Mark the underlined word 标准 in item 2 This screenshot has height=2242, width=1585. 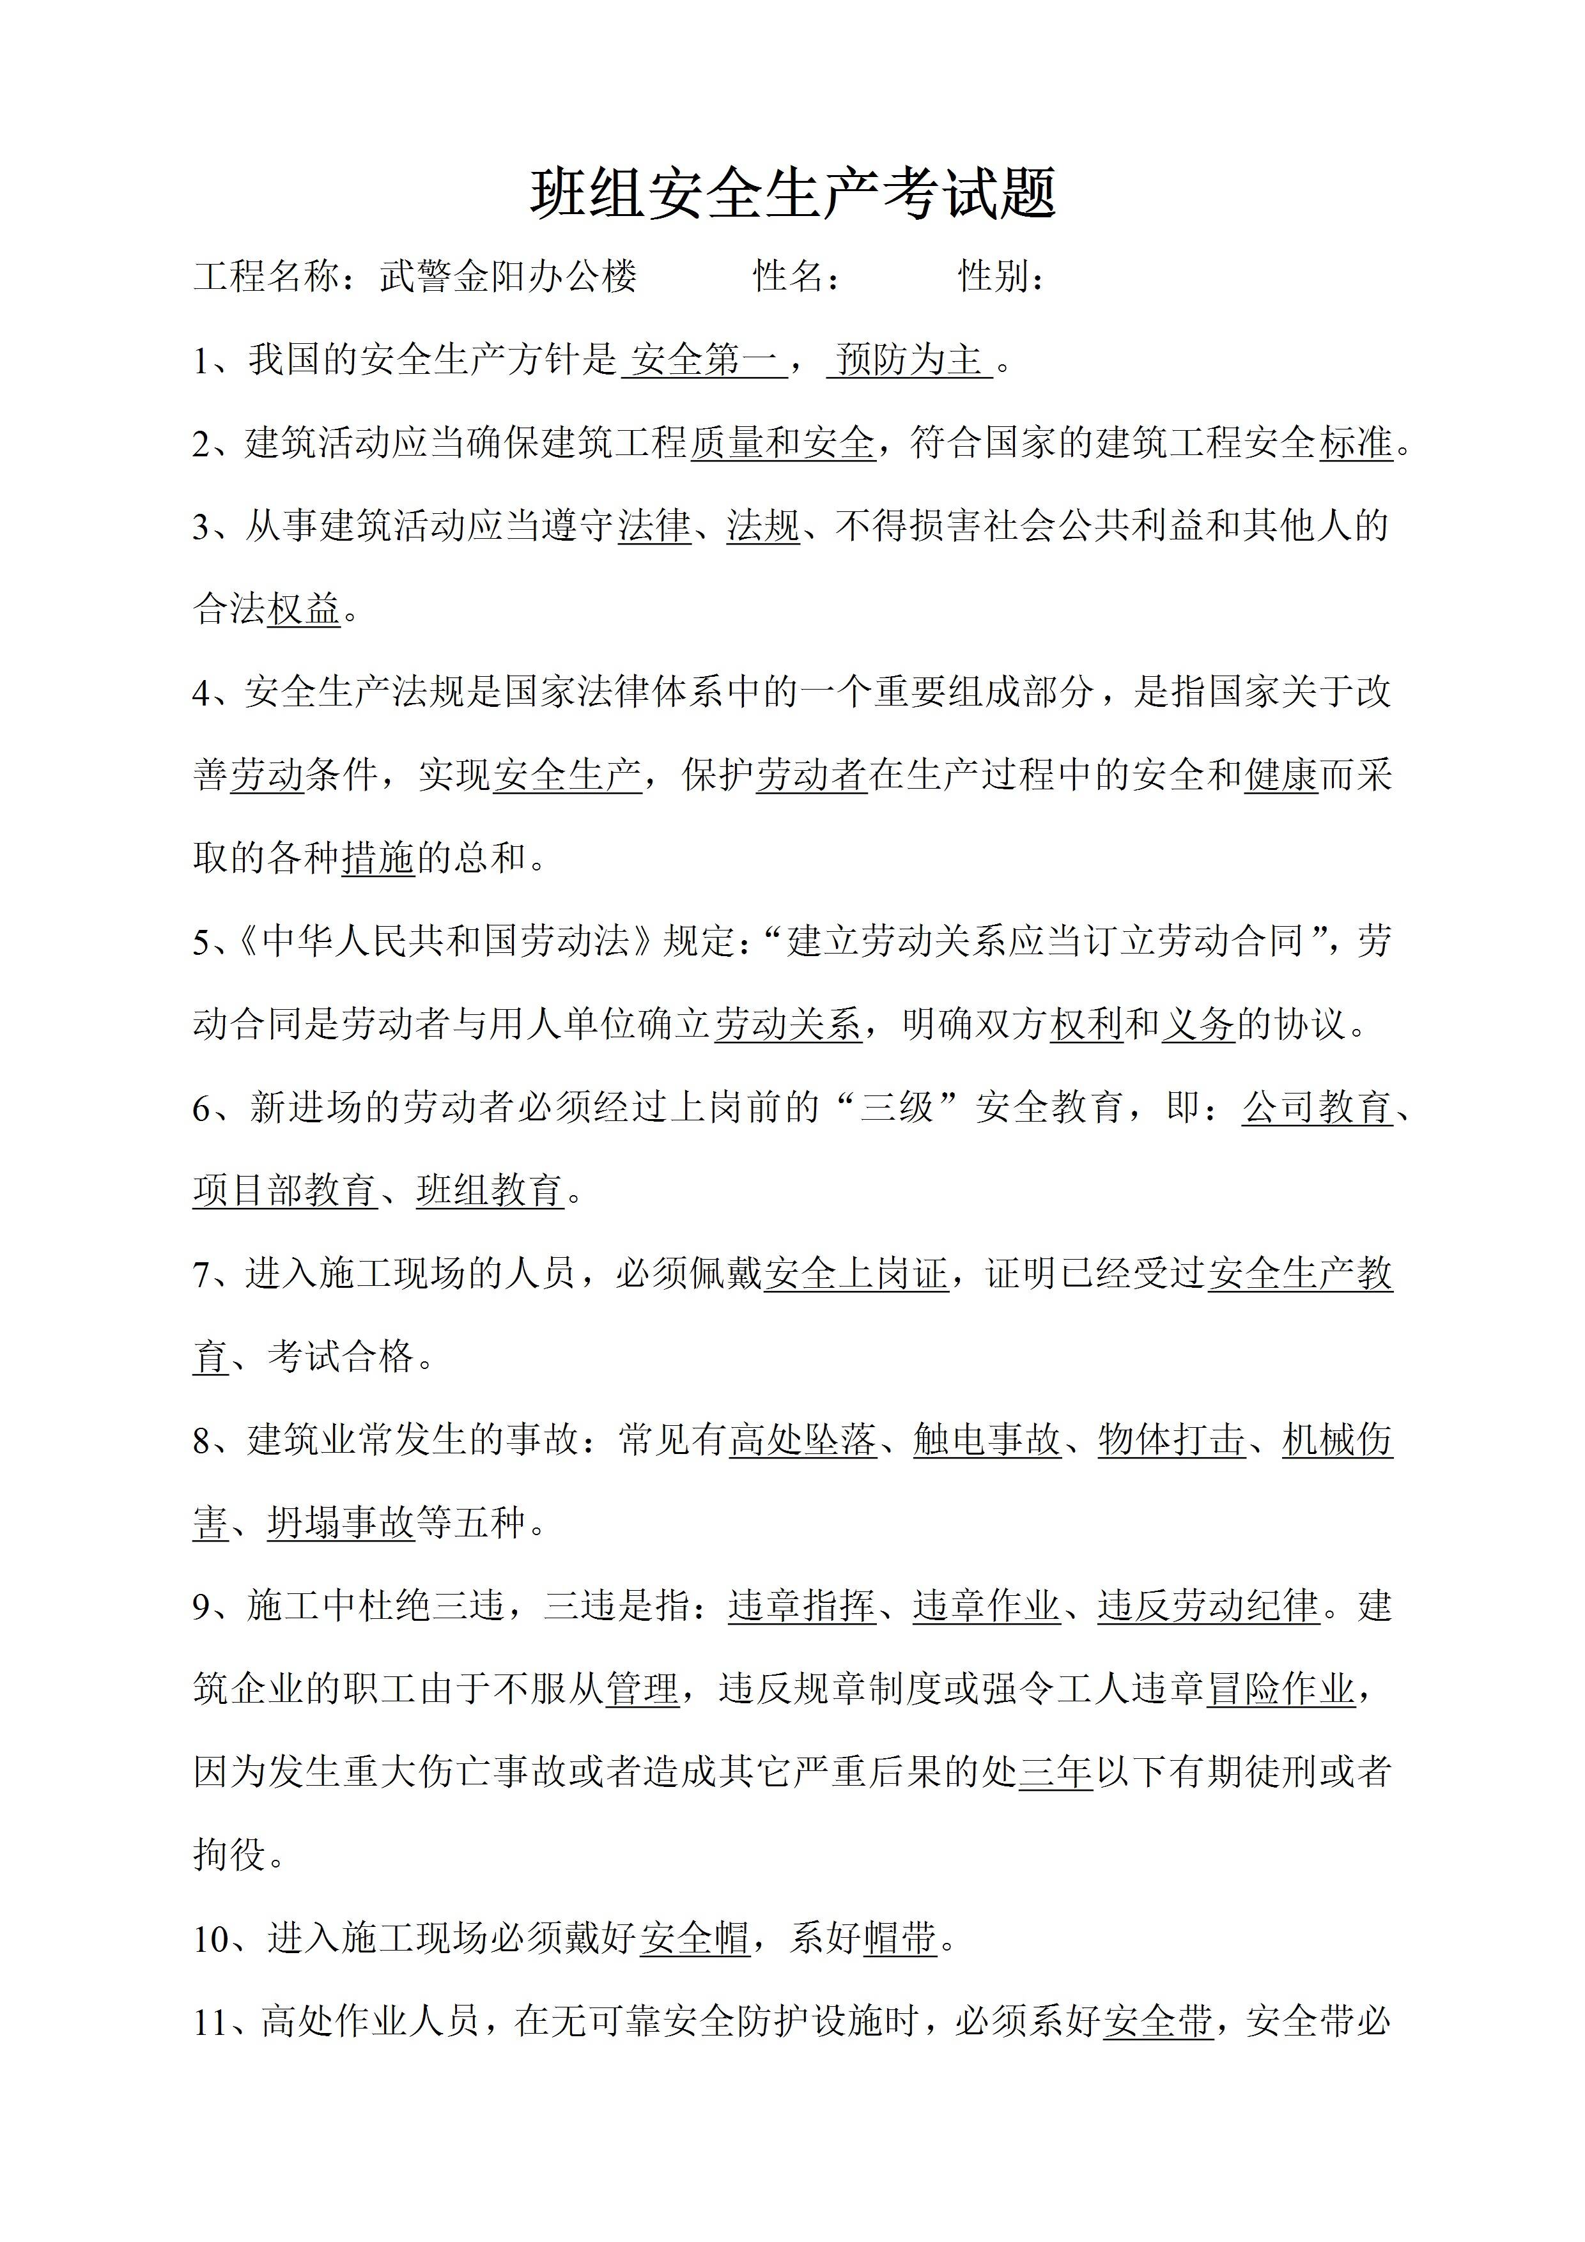(1356, 444)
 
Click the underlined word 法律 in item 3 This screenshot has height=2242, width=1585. (654, 527)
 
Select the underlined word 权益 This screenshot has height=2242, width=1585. (304, 609)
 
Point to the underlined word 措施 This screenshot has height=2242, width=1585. (378, 858)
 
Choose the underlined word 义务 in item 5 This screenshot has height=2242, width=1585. (1198, 1024)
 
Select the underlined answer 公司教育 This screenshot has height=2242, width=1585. (1317, 1108)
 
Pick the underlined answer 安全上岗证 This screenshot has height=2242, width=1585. (856, 1273)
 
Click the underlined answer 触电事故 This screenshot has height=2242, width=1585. (986, 1439)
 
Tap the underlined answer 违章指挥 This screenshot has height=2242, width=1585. (802, 1605)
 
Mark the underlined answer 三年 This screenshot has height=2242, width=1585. (1056, 1772)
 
